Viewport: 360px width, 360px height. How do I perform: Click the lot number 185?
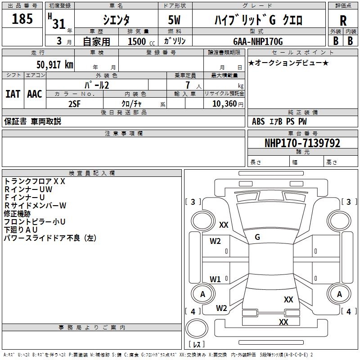coord(22,19)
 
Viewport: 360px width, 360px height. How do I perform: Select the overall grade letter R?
coord(343,21)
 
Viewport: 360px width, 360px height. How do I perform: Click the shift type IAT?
coord(13,94)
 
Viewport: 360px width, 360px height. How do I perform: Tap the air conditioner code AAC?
coord(34,94)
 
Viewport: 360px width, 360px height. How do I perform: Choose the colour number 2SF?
coord(75,103)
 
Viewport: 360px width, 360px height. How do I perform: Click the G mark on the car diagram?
coord(257,237)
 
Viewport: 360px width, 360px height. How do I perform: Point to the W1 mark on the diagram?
coord(215,279)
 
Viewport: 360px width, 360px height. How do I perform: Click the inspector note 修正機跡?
coord(18,214)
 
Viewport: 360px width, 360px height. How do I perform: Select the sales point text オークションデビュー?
coord(288,63)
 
